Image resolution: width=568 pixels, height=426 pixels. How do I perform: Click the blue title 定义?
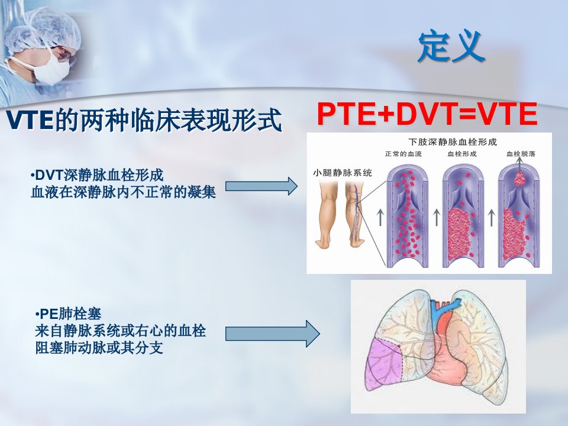451,46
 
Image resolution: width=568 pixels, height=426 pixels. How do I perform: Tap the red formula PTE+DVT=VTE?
427,114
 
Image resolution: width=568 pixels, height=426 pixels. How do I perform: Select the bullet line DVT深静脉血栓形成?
97,175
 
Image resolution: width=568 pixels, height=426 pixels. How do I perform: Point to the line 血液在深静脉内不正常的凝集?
123,192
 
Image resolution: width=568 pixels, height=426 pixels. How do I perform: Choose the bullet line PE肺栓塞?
68,314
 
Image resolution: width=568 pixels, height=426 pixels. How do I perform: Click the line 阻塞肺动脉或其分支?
99,348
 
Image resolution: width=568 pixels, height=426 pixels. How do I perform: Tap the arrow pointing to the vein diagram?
261,186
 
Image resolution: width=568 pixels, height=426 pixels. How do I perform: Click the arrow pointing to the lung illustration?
272,334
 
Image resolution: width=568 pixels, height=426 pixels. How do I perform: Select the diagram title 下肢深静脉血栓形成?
453,141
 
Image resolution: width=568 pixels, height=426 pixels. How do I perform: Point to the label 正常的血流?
403,154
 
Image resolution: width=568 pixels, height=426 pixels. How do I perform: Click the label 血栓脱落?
521,154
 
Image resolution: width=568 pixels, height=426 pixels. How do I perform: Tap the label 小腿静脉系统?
342,173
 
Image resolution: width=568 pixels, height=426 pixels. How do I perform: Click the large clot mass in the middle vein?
461,234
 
